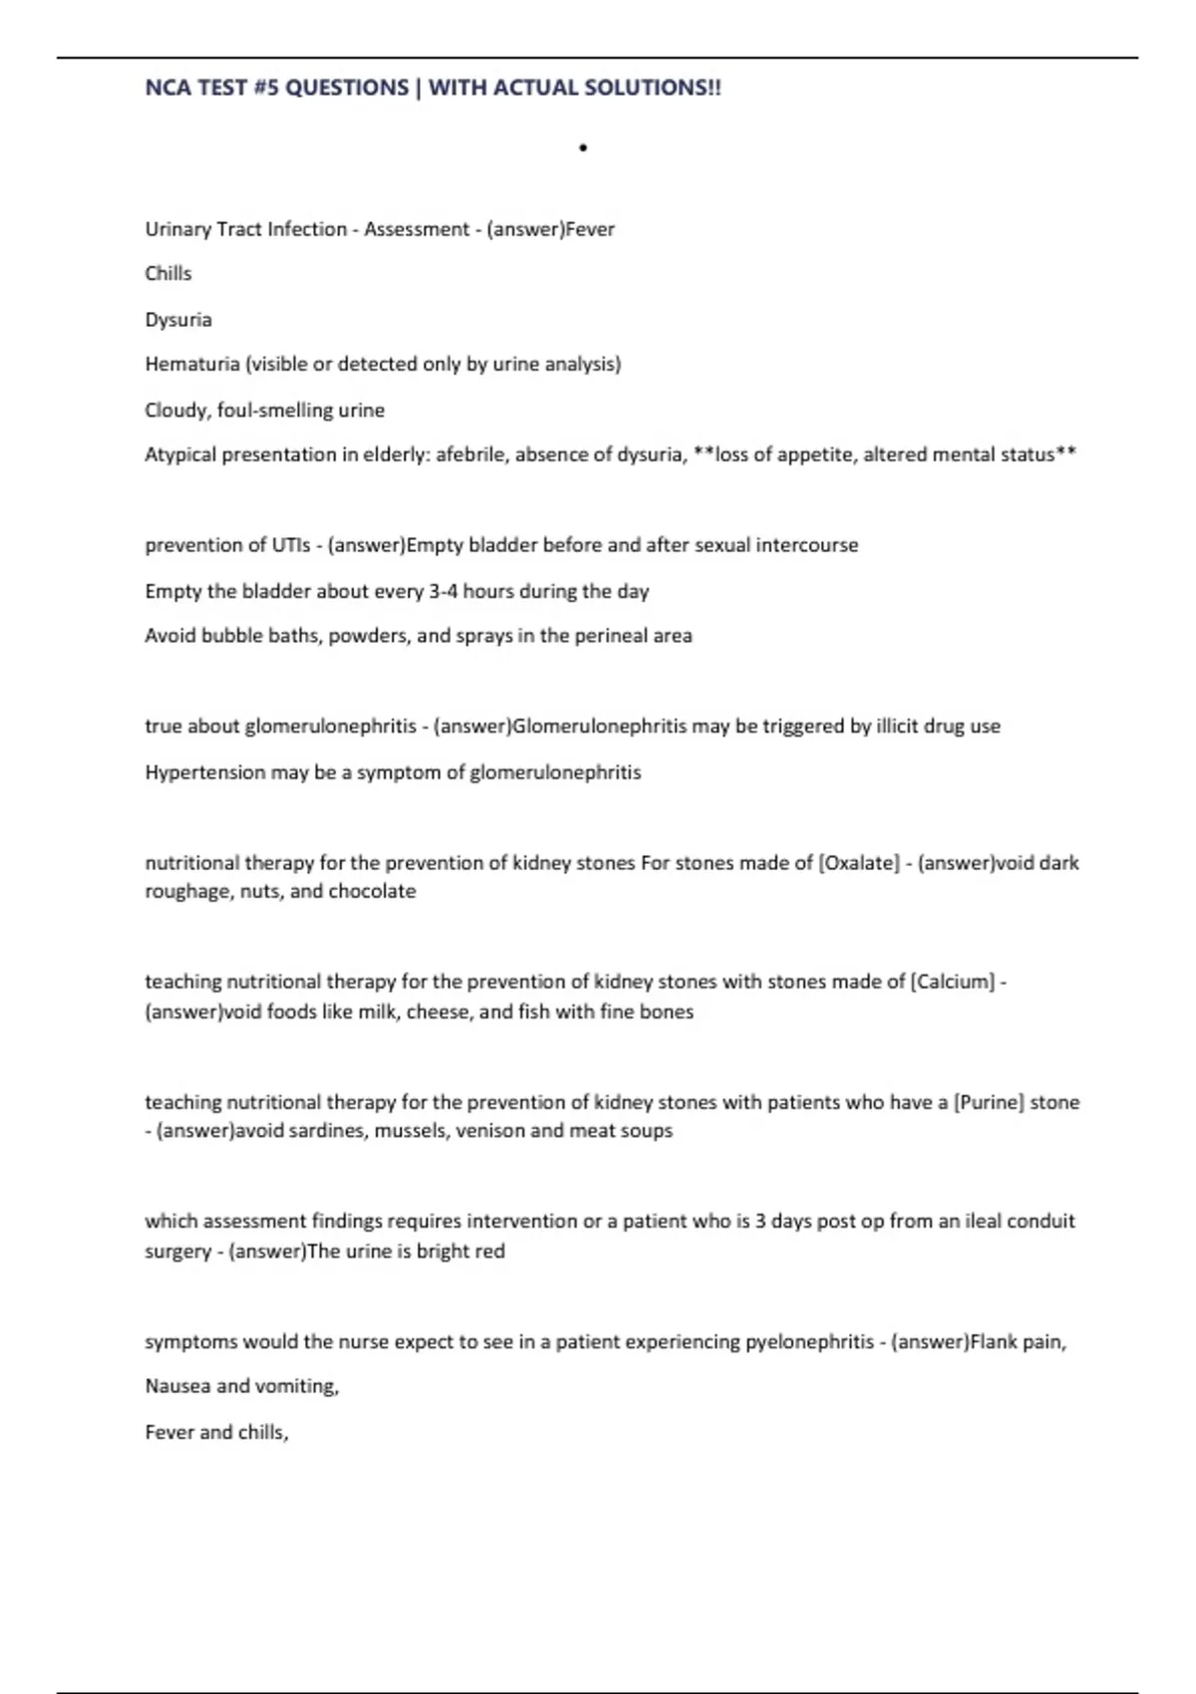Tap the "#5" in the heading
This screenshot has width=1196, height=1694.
(266, 88)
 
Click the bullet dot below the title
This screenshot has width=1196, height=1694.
(583, 148)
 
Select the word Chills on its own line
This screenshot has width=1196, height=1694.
(168, 273)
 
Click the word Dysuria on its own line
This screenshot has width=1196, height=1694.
(178, 320)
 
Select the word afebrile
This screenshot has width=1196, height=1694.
(470, 454)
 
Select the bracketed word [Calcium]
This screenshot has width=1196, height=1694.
(953, 982)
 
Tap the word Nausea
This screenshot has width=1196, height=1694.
(177, 1386)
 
